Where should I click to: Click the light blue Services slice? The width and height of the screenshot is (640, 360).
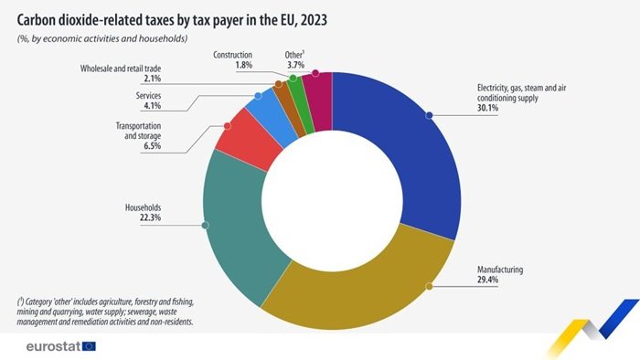click(x=263, y=107)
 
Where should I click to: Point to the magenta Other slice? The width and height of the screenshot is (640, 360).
click(x=318, y=91)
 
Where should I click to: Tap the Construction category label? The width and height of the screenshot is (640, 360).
click(x=232, y=54)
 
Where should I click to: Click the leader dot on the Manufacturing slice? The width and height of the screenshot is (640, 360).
click(x=429, y=286)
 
